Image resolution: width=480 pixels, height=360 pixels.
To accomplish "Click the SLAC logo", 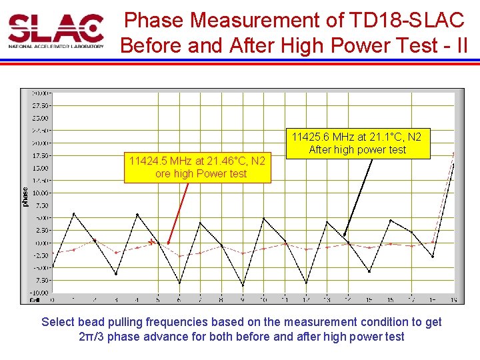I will click(56, 31).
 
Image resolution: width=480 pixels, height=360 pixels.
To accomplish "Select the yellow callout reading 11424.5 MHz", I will click(197, 167).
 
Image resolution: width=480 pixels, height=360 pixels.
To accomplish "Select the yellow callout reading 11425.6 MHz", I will click(357, 143).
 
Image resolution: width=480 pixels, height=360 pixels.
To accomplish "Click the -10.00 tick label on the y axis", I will click(39, 293).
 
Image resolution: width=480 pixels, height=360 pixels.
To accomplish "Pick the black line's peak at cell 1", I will click(73, 214).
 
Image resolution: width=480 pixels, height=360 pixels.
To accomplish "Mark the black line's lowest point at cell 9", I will click(243, 285).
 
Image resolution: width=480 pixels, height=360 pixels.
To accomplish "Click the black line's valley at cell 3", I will click(116, 274).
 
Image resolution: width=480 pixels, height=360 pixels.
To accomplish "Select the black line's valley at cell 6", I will click(179, 282).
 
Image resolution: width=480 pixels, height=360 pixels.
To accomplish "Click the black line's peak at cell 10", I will click(263, 218).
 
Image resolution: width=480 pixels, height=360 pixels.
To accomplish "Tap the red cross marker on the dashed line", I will click(151, 242).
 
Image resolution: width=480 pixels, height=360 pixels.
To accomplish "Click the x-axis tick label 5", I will click(158, 299).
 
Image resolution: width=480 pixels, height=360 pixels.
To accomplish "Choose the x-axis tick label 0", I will click(53, 299).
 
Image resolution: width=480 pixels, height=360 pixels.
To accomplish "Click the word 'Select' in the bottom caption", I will click(58, 322).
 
